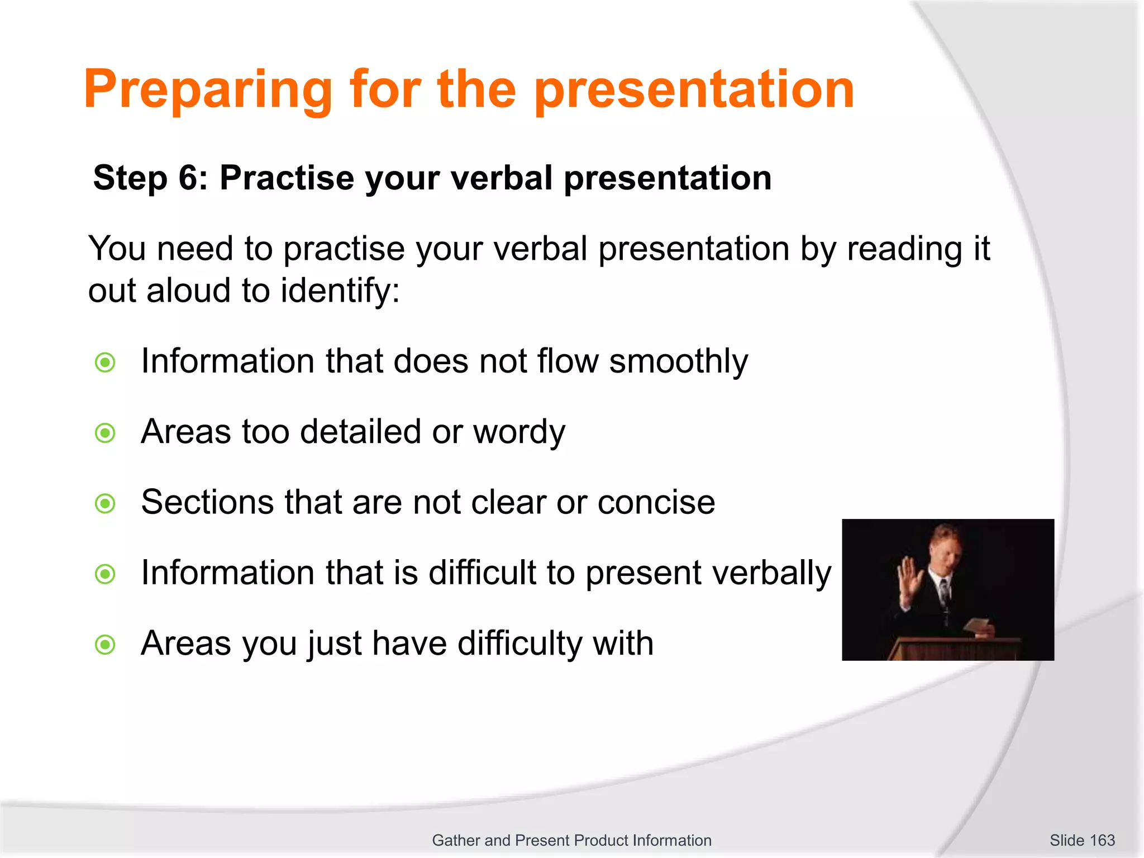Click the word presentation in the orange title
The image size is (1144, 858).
(x=694, y=89)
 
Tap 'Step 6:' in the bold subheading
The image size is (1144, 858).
(x=150, y=178)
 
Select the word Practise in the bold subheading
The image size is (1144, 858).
(x=287, y=178)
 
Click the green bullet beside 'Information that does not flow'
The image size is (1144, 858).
(x=105, y=363)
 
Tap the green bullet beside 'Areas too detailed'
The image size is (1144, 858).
(x=105, y=433)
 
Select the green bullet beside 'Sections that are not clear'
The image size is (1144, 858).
(x=105, y=504)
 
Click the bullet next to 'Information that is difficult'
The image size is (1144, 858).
(x=105, y=574)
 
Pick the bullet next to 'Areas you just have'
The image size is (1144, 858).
(x=105, y=645)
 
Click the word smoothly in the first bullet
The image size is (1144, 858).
(x=678, y=362)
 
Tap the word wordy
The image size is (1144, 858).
(x=519, y=432)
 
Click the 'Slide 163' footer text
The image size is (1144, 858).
(x=1082, y=840)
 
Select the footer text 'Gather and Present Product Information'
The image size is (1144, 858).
(x=571, y=840)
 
